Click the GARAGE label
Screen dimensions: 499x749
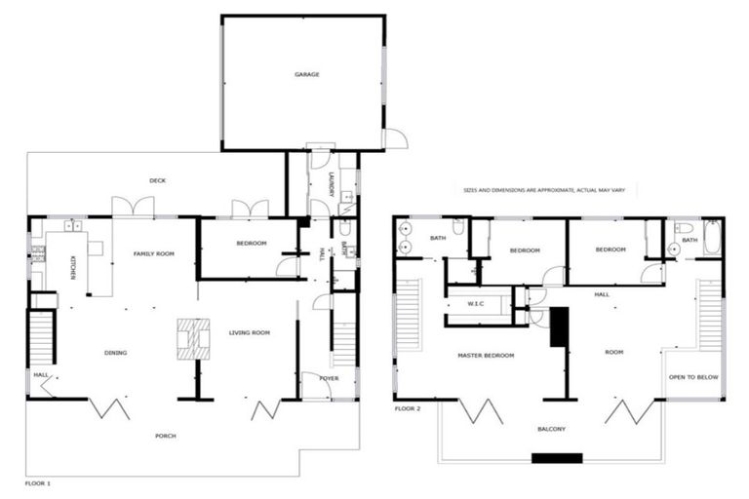pyautogui.click(x=307, y=74)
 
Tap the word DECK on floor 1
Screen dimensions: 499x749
pyautogui.click(x=157, y=180)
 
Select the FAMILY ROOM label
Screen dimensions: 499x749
pyautogui.click(x=153, y=253)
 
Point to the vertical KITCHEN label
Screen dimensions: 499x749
pyautogui.click(x=73, y=267)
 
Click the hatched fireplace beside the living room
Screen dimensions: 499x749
pyautogui.click(x=193, y=339)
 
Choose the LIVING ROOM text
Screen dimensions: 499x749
pyautogui.click(x=249, y=333)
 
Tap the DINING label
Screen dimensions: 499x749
pyautogui.click(x=116, y=353)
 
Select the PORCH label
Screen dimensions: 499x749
pyautogui.click(x=166, y=436)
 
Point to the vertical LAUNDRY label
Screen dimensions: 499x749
pyautogui.click(x=333, y=185)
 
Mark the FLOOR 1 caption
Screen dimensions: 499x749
pyautogui.click(x=37, y=483)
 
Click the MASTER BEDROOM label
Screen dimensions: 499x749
pyautogui.click(x=486, y=355)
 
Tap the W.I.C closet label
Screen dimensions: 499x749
pyautogui.click(x=476, y=303)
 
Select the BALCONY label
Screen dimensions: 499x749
pyautogui.click(x=551, y=429)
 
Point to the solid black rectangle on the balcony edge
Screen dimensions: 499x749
pyautogui.click(x=556, y=458)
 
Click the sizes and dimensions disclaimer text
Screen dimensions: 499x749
pyautogui.click(x=550, y=191)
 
